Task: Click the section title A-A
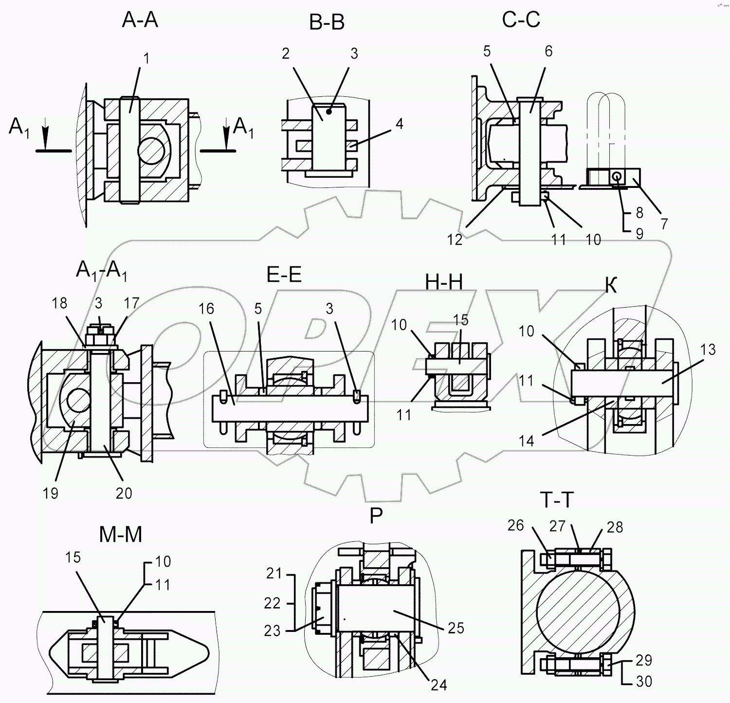point(140,20)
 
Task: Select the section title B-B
point(327,22)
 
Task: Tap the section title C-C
point(521,20)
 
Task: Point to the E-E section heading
point(284,275)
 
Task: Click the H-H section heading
point(444,282)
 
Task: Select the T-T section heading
point(557,500)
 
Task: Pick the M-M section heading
point(121,535)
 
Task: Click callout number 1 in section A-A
point(146,58)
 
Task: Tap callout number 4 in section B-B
point(399,124)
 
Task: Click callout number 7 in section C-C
point(664,223)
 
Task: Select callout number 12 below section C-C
point(455,240)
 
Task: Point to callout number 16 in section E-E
point(206,309)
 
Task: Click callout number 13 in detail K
point(708,350)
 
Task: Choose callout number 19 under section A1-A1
point(51,493)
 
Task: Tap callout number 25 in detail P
point(456,628)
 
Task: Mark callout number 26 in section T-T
point(515,525)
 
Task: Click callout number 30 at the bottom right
point(644,681)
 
